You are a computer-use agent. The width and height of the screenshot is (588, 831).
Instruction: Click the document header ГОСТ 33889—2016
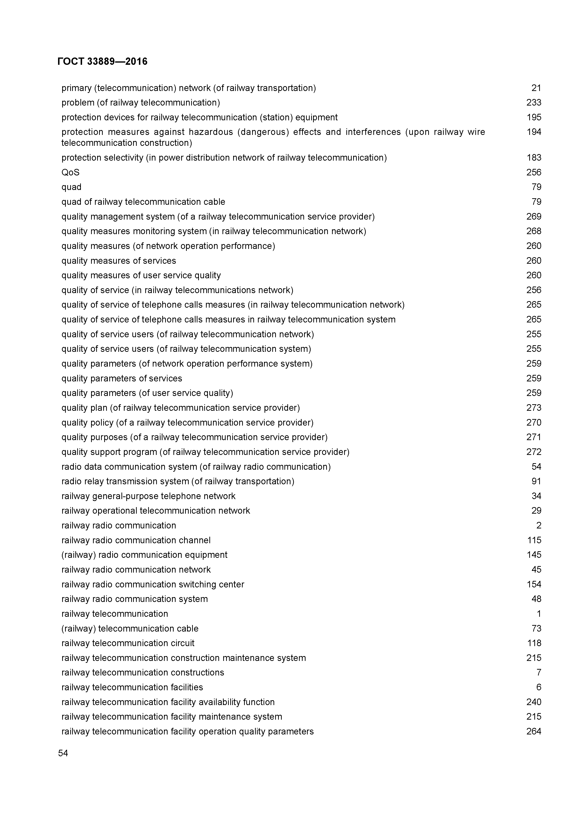click(102, 62)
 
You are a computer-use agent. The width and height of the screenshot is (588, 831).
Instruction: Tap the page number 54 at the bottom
click(63, 753)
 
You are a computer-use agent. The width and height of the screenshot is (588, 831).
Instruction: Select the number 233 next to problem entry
click(533, 103)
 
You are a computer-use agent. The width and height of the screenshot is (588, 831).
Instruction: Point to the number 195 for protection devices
click(533, 117)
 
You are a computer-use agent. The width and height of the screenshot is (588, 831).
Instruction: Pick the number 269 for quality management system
click(533, 216)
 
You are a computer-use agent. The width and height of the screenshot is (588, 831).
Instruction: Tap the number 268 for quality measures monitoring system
click(533, 231)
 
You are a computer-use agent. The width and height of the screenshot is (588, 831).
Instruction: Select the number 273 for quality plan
click(533, 408)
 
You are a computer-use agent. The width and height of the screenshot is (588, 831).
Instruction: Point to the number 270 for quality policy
click(533, 423)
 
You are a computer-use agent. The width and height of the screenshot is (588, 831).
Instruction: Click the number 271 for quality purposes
click(533, 437)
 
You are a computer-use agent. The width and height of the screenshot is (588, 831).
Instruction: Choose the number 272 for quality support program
click(533, 452)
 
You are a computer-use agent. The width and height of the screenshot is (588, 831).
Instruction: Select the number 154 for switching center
click(533, 584)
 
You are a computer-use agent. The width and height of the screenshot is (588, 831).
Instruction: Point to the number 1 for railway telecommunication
click(538, 614)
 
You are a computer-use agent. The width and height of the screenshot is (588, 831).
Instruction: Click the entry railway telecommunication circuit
click(128, 643)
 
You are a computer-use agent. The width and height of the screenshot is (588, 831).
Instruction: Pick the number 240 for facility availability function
click(533, 702)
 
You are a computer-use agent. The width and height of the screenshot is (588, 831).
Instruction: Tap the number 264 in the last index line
click(533, 732)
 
